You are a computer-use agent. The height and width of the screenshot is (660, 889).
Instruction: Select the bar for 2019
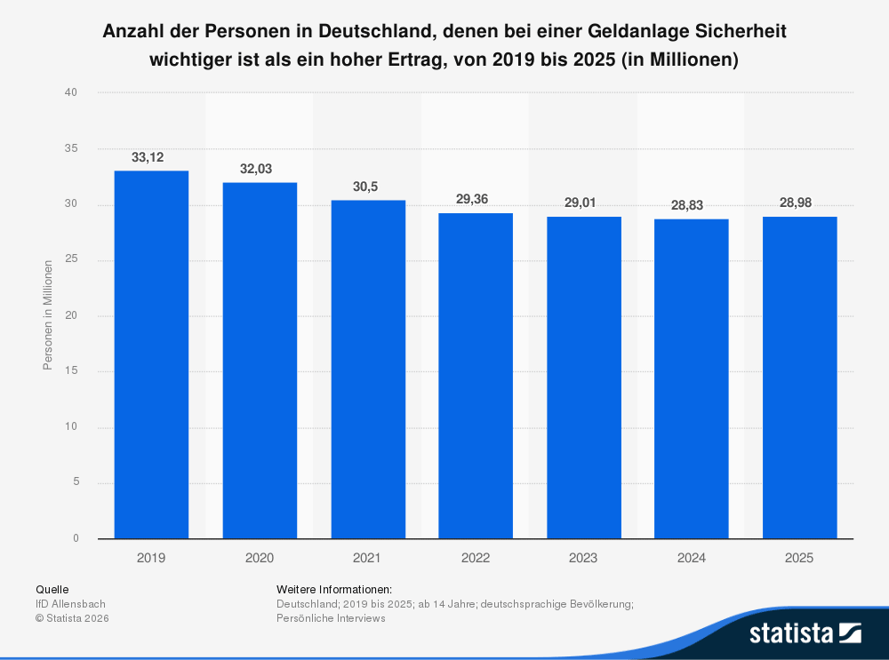(x=151, y=354)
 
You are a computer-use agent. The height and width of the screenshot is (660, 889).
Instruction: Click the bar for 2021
(x=368, y=369)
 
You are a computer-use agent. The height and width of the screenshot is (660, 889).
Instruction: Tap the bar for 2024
(x=692, y=378)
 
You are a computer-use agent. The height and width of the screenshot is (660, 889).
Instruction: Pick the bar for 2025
(x=799, y=378)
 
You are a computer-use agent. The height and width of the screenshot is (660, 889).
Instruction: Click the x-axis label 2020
(x=260, y=559)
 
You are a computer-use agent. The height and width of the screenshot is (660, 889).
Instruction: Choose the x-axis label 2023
(x=583, y=559)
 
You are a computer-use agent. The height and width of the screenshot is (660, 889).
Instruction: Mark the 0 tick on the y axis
(x=76, y=538)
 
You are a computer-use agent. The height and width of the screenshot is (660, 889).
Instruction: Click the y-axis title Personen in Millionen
(x=48, y=315)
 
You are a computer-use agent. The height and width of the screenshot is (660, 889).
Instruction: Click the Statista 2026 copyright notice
(x=71, y=618)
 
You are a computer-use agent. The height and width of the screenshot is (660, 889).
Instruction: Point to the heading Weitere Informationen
(x=334, y=590)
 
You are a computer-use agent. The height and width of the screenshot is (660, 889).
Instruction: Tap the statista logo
(x=805, y=632)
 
